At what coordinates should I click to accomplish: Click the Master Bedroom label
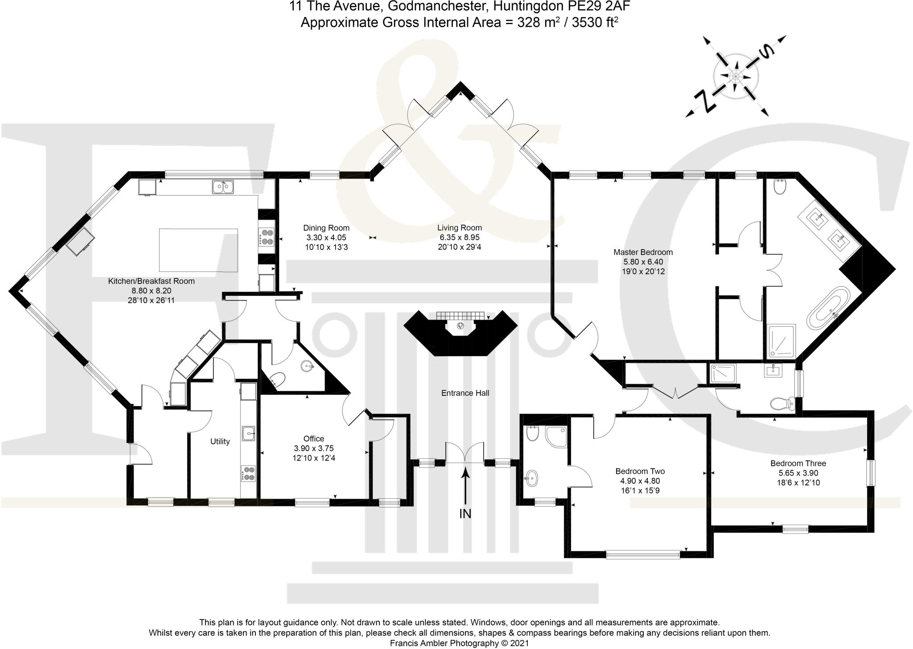pos(643,252)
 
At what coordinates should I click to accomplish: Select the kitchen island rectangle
pos(198,250)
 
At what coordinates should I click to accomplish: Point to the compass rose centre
pos(735,77)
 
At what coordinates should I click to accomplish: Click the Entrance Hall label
pos(465,393)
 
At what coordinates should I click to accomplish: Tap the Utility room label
pos(220,441)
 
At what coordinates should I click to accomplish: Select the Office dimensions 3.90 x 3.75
pos(313,448)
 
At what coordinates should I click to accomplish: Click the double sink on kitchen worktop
pos(223,187)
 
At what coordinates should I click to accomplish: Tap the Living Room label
pos(459,228)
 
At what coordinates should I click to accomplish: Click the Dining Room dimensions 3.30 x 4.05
pos(326,238)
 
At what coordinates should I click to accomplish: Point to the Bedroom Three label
pos(798,464)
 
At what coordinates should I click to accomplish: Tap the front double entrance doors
pos(465,453)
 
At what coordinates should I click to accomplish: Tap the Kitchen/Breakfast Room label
pos(151,281)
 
